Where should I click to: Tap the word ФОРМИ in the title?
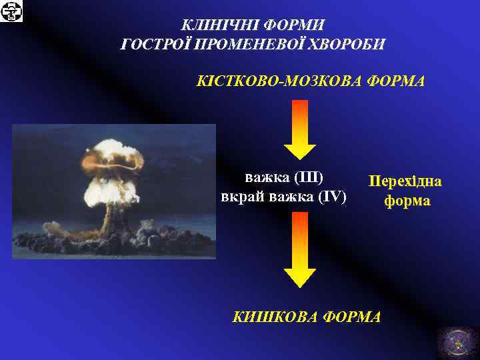293,25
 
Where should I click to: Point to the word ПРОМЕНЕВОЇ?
252,45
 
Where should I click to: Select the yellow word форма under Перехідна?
406,201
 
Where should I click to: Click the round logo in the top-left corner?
11,11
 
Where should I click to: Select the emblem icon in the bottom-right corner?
457,342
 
